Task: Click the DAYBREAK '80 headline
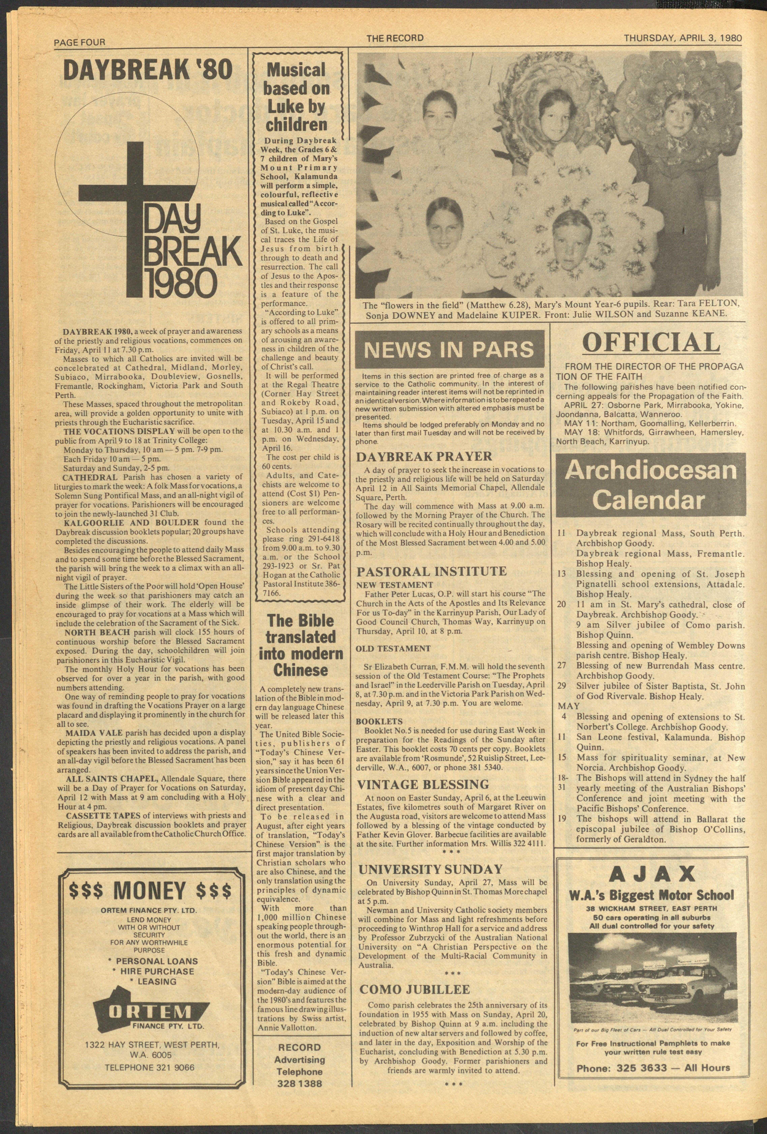(x=148, y=71)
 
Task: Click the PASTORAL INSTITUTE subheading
(x=432, y=571)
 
